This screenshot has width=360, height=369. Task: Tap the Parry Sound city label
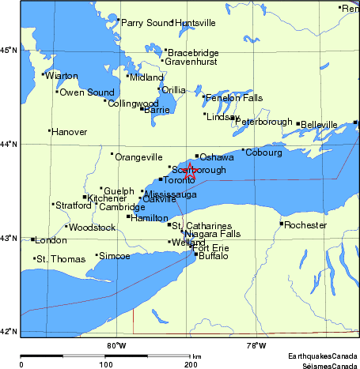[x=146, y=23]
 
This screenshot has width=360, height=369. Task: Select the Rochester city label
[x=305, y=224]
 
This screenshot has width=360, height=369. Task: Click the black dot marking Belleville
[x=297, y=123]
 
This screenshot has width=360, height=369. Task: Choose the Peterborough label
[x=263, y=122]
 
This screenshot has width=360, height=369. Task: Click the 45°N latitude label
[x=8, y=51]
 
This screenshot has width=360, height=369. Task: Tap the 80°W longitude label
[x=116, y=344]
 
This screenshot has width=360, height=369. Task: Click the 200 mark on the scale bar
[x=191, y=363]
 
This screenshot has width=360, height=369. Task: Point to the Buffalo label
[x=213, y=256]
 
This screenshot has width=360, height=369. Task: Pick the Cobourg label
[x=264, y=152]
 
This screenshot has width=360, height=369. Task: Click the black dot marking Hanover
[x=49, y=130]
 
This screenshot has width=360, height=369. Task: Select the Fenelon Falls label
[x=233, y=98]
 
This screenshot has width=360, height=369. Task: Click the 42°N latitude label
[x=8, y=332]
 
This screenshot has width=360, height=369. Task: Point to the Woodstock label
[x=93, y=228]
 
